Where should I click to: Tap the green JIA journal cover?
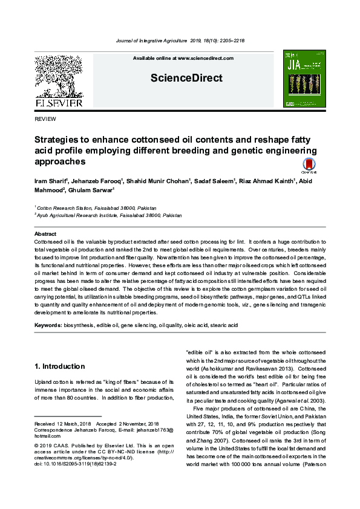pyautogui.click(x=304, y=79)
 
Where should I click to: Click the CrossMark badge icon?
pyautogui.click(x=309, y=166)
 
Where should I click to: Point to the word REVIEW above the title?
pyautogui.click(x=46, y=120)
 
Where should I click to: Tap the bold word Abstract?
pyautogui.click(x=45, y=233)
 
